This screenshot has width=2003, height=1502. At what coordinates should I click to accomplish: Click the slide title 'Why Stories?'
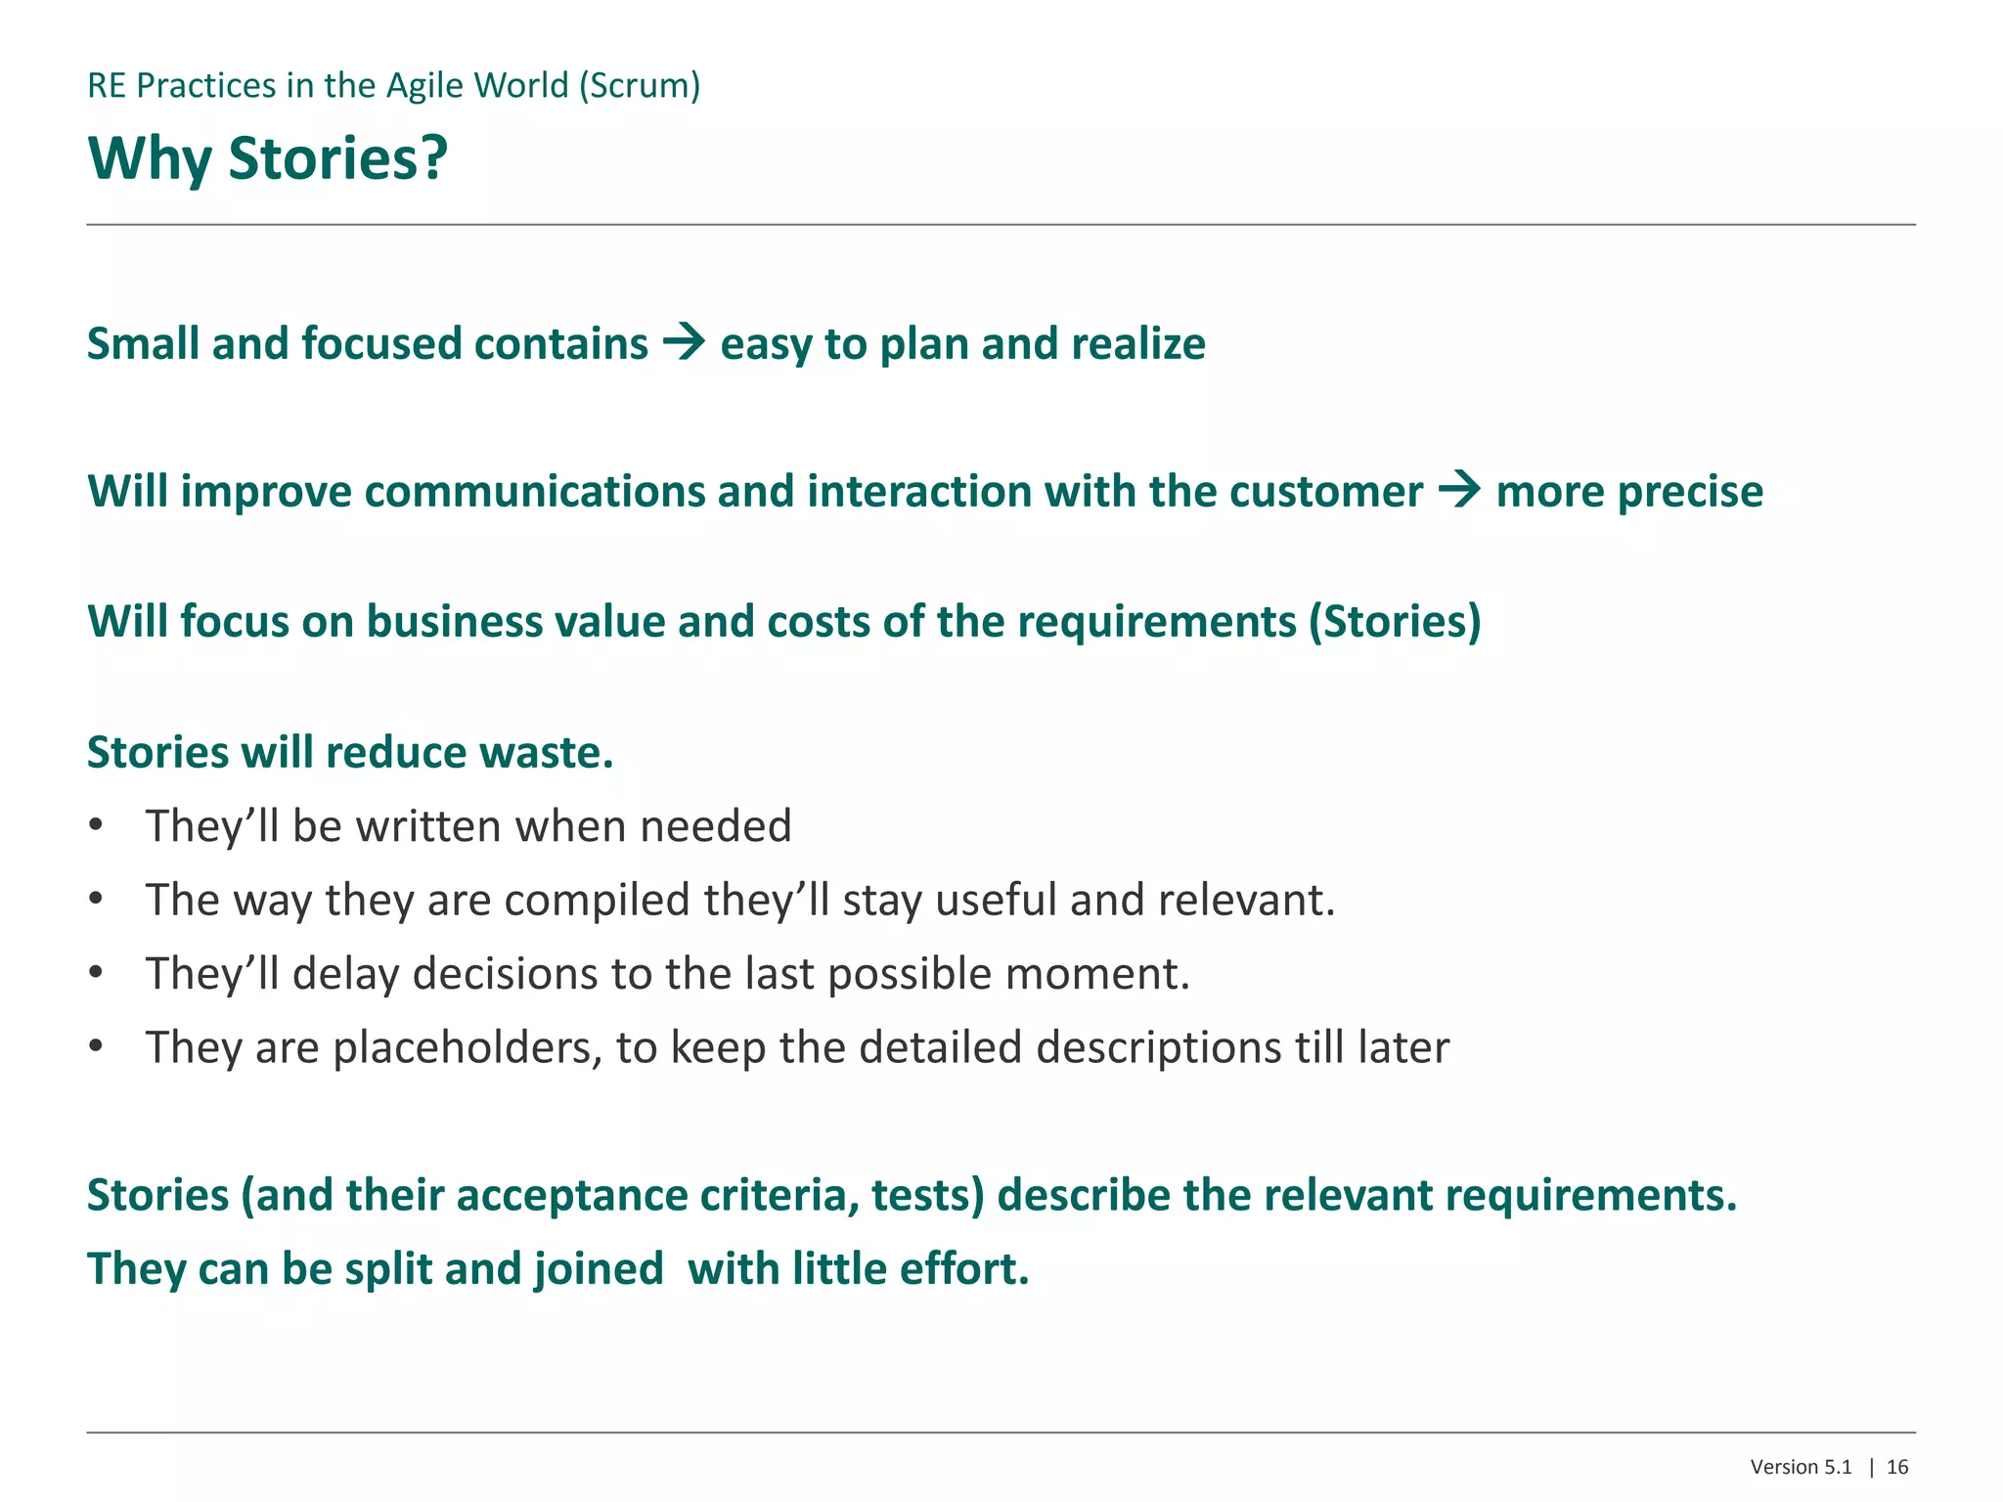tap(267, 158)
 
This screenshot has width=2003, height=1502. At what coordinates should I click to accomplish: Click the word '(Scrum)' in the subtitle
tap(640, 86)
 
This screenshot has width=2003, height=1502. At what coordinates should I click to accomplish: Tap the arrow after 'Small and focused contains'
tap(684, 343)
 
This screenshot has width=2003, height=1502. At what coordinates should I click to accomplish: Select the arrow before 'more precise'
tap(1459, 490)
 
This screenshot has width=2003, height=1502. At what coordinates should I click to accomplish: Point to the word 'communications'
tap(534, 492)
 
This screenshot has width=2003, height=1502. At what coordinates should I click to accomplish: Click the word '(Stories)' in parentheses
tap(1396, 622)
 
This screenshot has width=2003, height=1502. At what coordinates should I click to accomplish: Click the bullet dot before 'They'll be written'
tap(95, 826)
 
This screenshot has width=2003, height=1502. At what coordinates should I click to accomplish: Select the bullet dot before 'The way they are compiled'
tap(95, 900)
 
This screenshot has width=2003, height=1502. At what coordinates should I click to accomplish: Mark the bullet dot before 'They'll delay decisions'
tap(95, 974)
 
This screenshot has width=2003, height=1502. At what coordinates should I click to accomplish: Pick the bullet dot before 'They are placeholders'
tap(95, 1047)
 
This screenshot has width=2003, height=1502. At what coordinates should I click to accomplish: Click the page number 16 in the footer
tap(1897, 1467)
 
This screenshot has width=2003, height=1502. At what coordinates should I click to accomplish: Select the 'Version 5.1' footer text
tap(1801, 1467)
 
